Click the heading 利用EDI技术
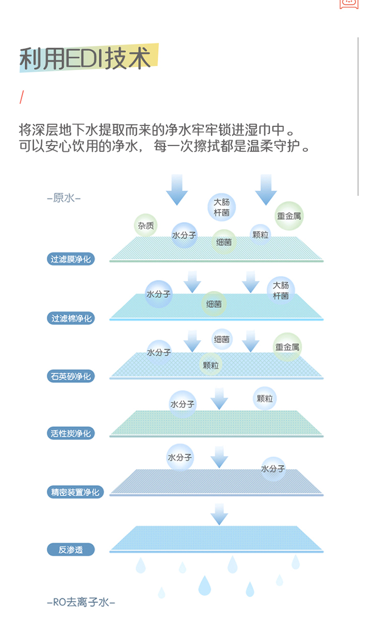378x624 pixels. pos(85,58)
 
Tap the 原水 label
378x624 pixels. pos(64,198)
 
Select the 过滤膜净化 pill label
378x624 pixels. pos(71,259)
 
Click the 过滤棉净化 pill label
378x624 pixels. pos(71,318)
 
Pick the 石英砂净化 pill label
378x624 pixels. pos(71,376)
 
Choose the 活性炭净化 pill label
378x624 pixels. pos(71,433)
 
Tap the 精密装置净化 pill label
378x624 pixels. pos(75,492)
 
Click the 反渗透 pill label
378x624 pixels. pos(71,550)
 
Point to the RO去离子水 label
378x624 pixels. pos(81,602)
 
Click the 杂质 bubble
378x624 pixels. pos(146,225)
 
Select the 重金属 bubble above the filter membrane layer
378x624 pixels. pos(289,216)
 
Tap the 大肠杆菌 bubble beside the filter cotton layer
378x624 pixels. pos(281,291)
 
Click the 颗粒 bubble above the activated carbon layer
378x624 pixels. pos(265,399)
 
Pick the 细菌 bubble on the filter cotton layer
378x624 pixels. pos(214,304)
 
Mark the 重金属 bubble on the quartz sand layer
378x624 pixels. pos(287,347)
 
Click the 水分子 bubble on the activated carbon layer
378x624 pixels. pos(182,404)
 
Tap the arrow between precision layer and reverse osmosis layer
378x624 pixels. pos(219,514)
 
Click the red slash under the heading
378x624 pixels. pos(22,97)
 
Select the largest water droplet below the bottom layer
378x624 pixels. pos(205,585)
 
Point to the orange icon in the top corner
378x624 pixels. pos(349,4)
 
